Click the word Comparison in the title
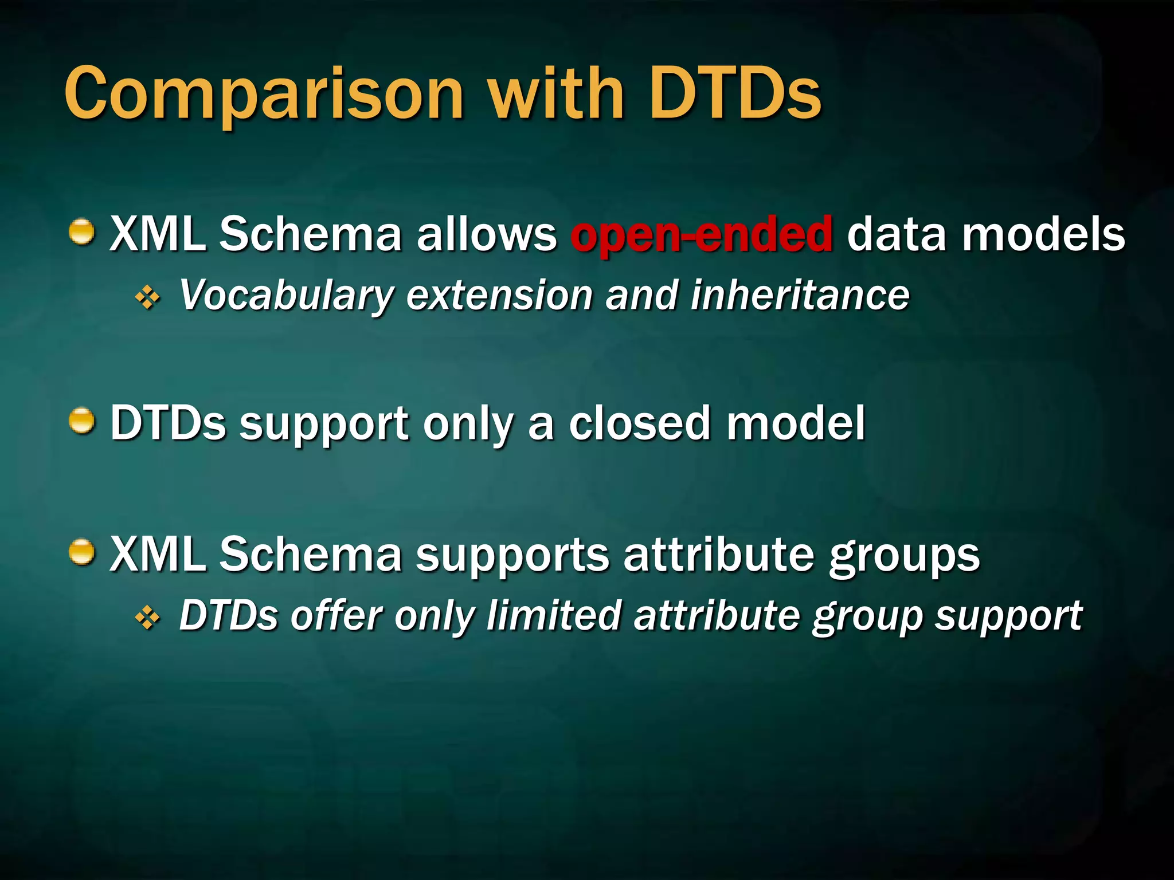pyautogui.click(x=264, y=95)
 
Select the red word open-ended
pyautogui.click(x=701, y=234)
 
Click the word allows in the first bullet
pyautogui.click(x=486, y=234)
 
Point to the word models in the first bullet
pyautogui.click(x=1043, y=234)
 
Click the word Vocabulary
pyautogui.click(x=285, y=296)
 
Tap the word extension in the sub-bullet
pyautogui.click(x=499, y=296)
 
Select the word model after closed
pyautogui.click(x=796, y=423)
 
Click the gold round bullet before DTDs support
pyautogui.click(x=81, y=422)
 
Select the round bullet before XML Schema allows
pyautogui.click(x=81, y=232)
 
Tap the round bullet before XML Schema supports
pyautogui.click(x=81, y=552)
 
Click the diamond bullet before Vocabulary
pyautogui.click(x=148, y=298)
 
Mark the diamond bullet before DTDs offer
pyautogui.click(x=148, y=618)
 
